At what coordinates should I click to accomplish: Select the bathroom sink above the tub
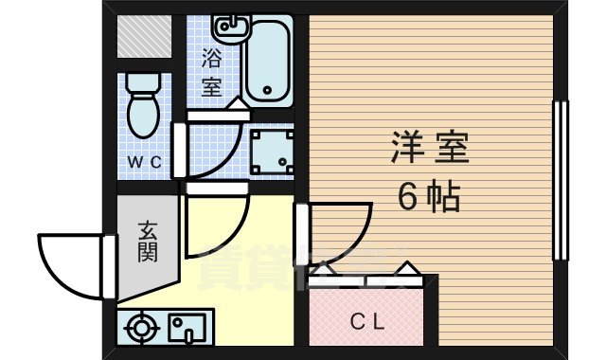click(227, 25)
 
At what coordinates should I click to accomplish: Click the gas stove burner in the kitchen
click(143, 330)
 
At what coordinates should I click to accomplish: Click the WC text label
click(147, 161)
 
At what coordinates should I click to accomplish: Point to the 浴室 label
click(212, 71)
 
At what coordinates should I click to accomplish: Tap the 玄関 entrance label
click(147, 242)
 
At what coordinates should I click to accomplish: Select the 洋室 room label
click(430, 150)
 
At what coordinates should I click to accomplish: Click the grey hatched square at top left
click(144, 37)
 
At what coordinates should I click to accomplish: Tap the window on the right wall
click(560, 180)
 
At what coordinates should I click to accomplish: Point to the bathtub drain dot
click(267, 92)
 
